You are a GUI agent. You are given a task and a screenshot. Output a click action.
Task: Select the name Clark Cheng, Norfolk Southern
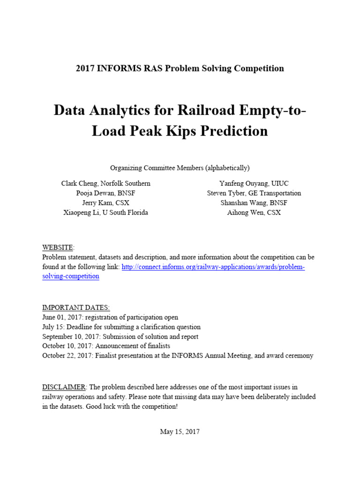pyautogui.click(x=105, y=183)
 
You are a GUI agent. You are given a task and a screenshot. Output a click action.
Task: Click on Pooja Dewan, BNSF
pyautogui.click(x=105, y=193)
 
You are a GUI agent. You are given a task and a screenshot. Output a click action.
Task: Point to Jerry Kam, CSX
pyautogui.click(x=105, y=203)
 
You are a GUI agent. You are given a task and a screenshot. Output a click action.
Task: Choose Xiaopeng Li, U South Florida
pyautogui.click(x=105, y=212)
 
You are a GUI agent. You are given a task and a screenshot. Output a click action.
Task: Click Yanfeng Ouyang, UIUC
pyautogui.click(x=254, y=183)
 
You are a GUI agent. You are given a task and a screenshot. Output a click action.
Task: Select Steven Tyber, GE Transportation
pyautogui.click(x=254, y=193)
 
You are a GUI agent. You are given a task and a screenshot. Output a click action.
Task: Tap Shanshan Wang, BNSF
pyautogui.click(x=254, y=203)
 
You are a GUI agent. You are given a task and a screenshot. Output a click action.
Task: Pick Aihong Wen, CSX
pyautogui.click(x=254, y=212)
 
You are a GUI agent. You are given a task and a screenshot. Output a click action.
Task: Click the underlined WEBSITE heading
pyautogui.click(x=58, y=247)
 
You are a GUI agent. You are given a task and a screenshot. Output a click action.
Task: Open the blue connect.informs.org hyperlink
pyautogui.click(x=213, y=267)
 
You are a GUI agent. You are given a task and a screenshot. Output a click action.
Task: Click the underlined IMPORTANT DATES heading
pyautogui.click(x=76, y=307)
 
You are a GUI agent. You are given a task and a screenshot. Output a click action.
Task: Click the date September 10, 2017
pyautogui.click(x=69, y=337)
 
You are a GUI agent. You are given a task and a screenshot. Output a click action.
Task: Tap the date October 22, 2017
pyautogui.click(x=67, y=356)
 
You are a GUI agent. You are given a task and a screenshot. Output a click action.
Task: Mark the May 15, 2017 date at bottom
pyautogui.click(x=180, y=432)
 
